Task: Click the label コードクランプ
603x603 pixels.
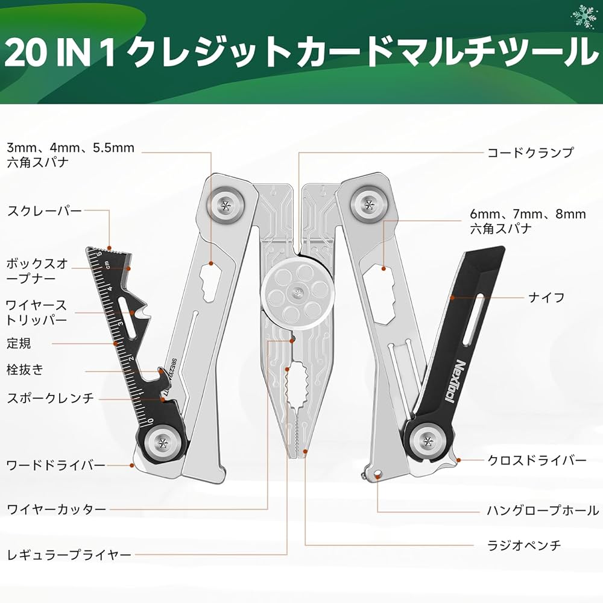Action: [530, 153]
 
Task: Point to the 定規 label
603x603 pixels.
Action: [19, 344]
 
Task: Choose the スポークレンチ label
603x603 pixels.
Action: [50, 397]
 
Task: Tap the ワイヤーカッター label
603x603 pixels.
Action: [56, 510]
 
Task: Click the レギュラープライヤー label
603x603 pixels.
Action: [69, 554]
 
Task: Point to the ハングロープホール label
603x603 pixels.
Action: [543, 510]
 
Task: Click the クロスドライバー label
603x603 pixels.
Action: [537, 460]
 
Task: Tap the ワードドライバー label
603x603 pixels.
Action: [55, 465]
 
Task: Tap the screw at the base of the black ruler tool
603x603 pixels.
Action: [163, 444]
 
